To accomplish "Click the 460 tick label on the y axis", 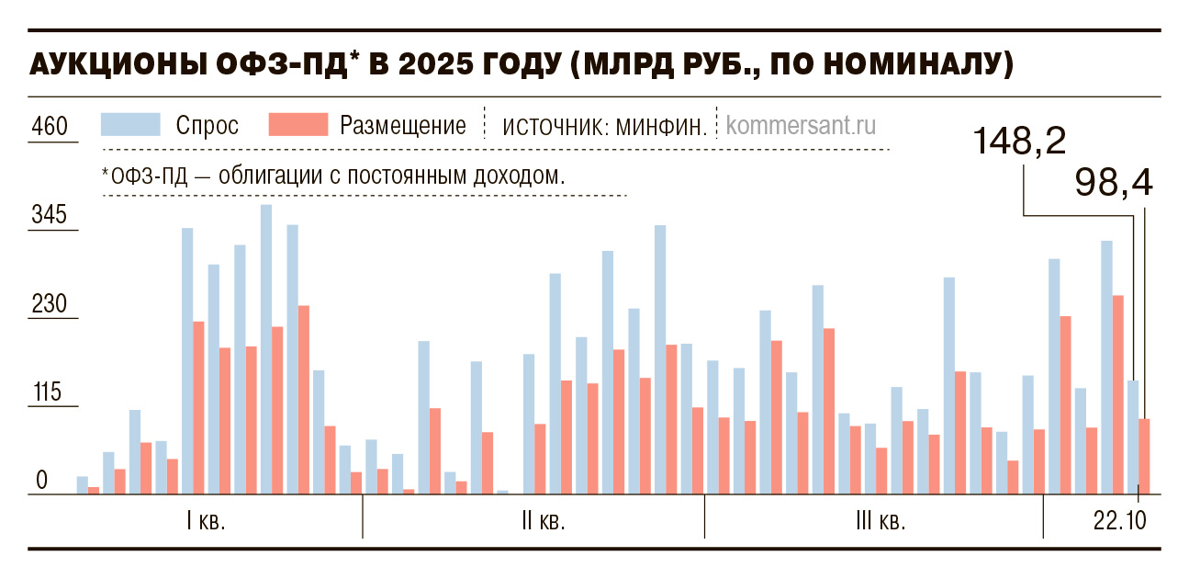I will click(x=50, y=126).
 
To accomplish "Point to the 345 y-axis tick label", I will click(x=50, y=216).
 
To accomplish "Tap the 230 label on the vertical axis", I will click(x=50, y=304).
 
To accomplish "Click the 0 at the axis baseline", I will click(x=41, y=481).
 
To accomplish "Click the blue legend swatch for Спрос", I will click(x=131, y=125).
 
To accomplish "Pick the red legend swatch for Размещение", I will click(x=297, y=125).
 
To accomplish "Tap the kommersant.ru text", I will click(x=800, y=126).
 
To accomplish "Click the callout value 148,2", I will click(x=1019, y=141).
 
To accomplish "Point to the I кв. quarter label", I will click(x=206, y=522).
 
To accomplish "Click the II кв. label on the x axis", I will click(x=543, y=522).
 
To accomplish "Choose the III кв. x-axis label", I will click(x=881, y=522).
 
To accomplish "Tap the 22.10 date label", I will click(x=1119, y=522).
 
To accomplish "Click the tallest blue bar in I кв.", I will click(x=266, y=349).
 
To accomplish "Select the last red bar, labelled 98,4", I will click(x=1144, y=457).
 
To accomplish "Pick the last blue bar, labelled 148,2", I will click(x=1133, y=437).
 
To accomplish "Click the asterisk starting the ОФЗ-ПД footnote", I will click(x=106, y=173).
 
